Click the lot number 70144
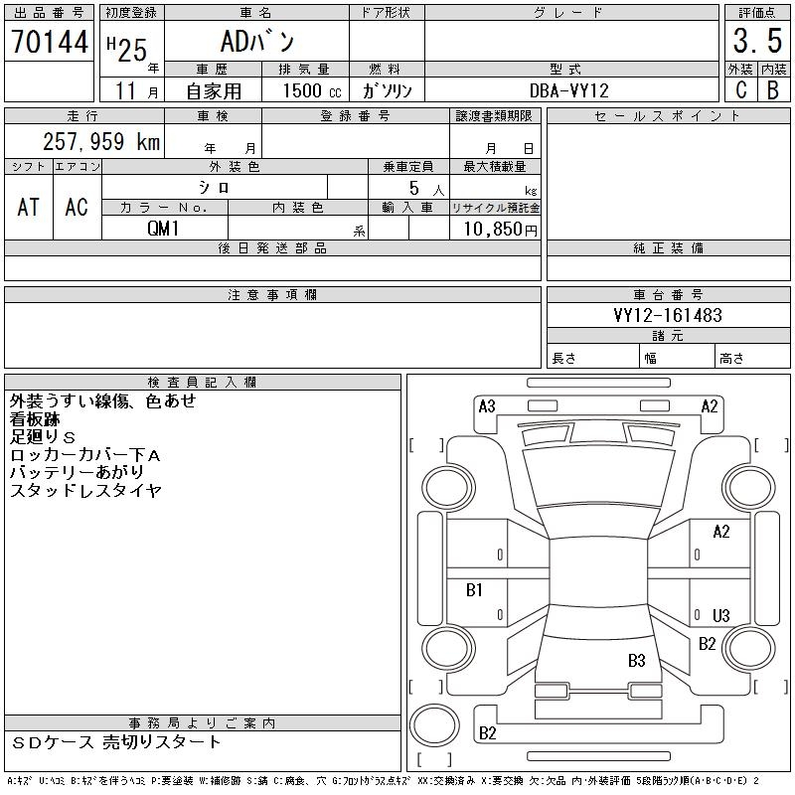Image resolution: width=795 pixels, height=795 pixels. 49,42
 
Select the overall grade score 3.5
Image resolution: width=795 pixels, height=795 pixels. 755,42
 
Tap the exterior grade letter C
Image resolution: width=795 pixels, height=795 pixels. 740,89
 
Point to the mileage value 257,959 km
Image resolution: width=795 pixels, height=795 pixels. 100,142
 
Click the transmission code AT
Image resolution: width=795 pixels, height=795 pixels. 29,207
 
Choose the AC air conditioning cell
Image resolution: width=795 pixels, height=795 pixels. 77,207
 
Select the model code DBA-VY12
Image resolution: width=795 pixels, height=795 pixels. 569,90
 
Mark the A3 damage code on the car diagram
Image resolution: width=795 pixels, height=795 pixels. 487,405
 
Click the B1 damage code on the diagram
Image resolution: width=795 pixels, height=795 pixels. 474,590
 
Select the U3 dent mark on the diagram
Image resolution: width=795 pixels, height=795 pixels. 721,616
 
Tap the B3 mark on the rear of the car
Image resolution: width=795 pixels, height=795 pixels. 637,660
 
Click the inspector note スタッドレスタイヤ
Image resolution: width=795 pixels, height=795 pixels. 85,491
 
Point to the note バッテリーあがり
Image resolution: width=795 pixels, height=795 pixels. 77,472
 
